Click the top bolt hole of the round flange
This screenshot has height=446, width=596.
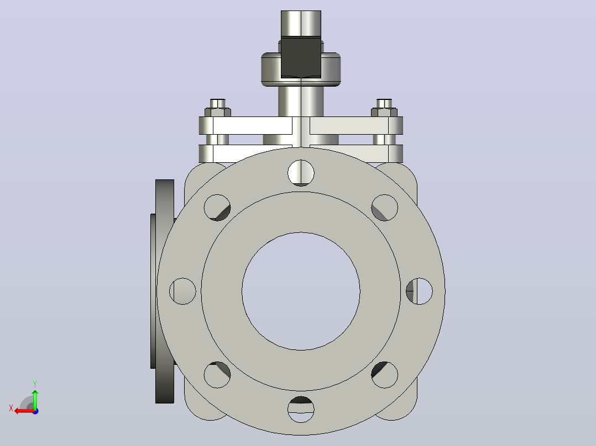click(301, 173)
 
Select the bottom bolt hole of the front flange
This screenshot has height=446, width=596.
click(301, 409)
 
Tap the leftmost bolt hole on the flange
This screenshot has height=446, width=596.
click(182, 291)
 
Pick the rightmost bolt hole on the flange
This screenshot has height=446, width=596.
click(419, 291)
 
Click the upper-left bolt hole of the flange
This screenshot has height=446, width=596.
click(217, 208)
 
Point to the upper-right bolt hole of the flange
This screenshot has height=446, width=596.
click(385, 208)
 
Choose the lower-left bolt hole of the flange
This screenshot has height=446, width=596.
click(217, 375)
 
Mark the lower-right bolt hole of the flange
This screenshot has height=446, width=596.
click(385, 375)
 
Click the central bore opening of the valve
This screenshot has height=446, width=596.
click(301, 291)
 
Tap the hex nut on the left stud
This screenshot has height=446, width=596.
click(218, 113)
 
